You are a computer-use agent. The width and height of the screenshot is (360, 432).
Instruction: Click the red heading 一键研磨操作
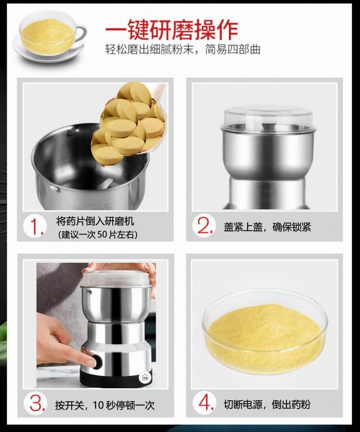click(171, 30)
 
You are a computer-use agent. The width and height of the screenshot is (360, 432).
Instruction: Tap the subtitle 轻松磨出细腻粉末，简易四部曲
click(182, 49)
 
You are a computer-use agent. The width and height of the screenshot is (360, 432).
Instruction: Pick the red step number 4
click(206, 402)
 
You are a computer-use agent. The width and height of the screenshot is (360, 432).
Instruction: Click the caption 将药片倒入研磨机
click(96, 221)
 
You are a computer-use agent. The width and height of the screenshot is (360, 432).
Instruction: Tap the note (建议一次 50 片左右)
click(98, 234)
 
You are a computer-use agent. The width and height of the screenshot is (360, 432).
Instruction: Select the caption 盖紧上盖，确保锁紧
click(267, 227)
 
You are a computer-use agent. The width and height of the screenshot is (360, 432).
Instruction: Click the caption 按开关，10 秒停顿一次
click(105, 405)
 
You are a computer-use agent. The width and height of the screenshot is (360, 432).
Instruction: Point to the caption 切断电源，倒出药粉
click(267, 405)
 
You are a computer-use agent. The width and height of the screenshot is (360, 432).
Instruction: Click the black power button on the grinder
click(97, 361)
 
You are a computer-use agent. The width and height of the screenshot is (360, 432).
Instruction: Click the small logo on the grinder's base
click(145, 376)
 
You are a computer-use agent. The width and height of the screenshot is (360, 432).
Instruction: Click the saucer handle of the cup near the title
click(81, 33)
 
